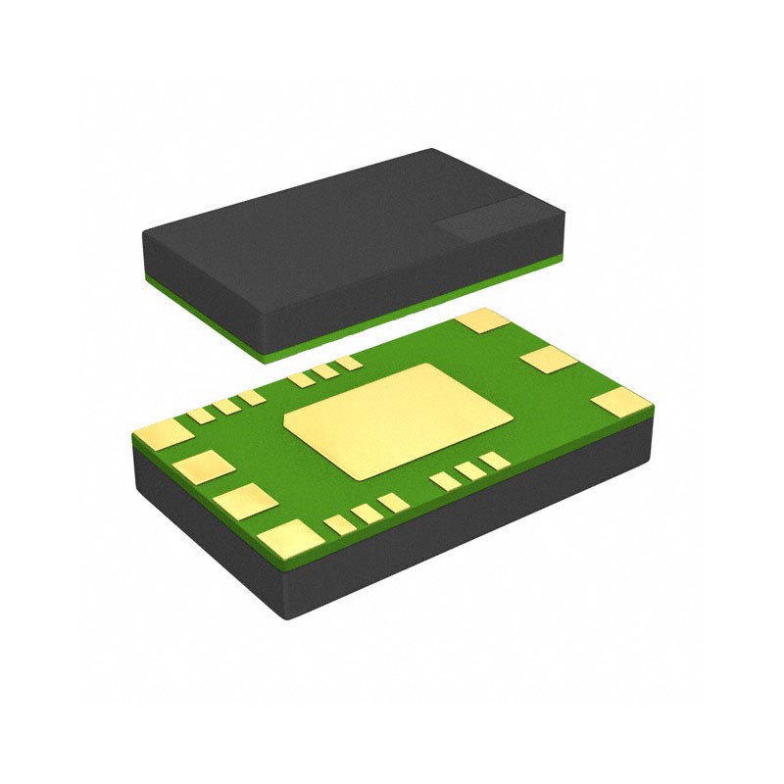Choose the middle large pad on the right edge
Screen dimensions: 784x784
point(549,359)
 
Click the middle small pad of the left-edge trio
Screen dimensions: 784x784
point(226,406)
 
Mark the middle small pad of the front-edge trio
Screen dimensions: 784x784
point(367,513)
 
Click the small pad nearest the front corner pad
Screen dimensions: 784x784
point(339,524)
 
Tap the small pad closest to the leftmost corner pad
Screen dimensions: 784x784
point(201,416)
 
